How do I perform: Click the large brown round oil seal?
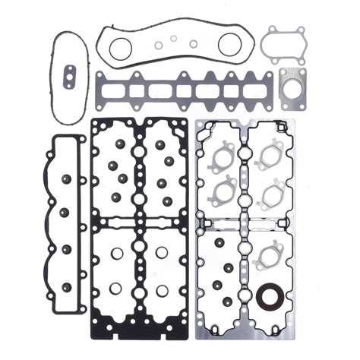tap(267, 296)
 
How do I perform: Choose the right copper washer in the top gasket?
tap(193, 43)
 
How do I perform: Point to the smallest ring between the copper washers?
tap(174, 38)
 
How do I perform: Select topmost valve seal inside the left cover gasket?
tap(67, 179)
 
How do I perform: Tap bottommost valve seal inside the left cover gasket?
tap(66, 286)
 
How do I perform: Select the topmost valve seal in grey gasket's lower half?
tap(218, 242)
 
